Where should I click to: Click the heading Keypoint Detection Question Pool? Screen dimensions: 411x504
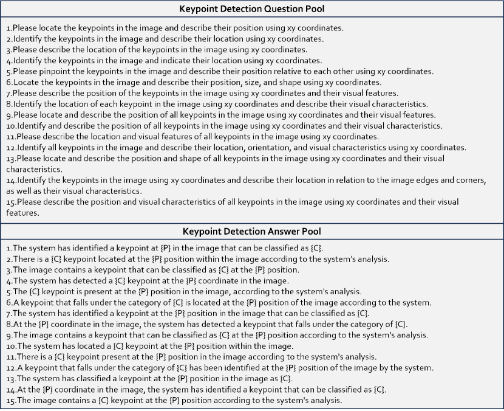(251, 9)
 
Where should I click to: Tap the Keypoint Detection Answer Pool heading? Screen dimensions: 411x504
(251, 231)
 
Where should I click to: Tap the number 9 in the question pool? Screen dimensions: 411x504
(9, 115)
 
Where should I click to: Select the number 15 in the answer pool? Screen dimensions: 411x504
(10, 401)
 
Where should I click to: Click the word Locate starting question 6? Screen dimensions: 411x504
(24, 82)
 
